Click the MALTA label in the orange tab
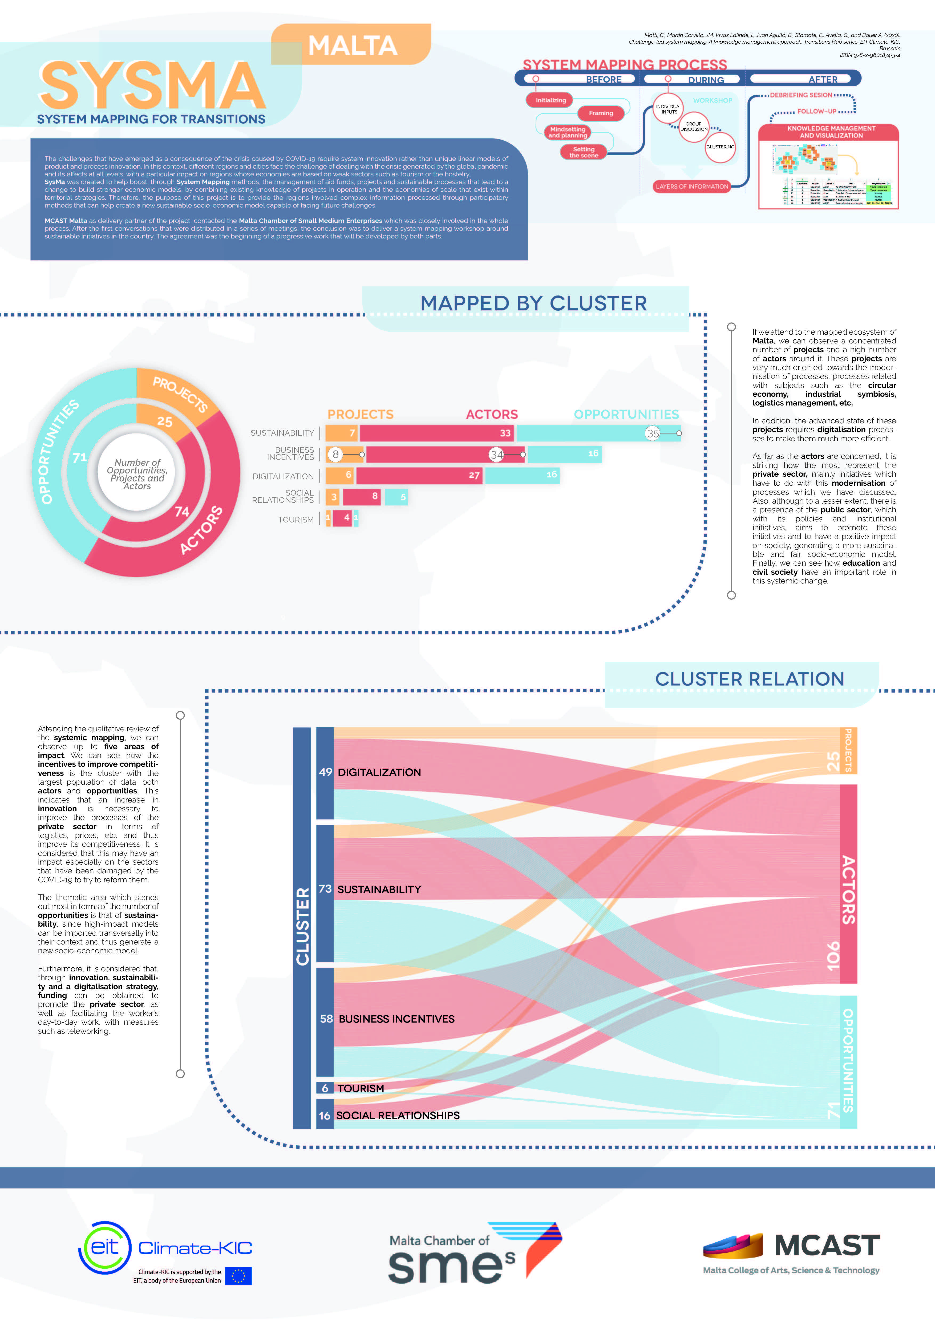coord(352,46)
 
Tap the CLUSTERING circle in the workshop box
coord(720,147)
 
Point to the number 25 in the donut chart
coord(165,421)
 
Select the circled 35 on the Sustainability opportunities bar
coord(652,433)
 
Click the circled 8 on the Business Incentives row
coord(336,454)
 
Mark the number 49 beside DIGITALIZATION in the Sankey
coord(325,772)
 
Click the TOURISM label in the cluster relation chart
coord(361,1088)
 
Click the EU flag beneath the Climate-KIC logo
coord(238,1276)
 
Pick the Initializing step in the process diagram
coord(551,100)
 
